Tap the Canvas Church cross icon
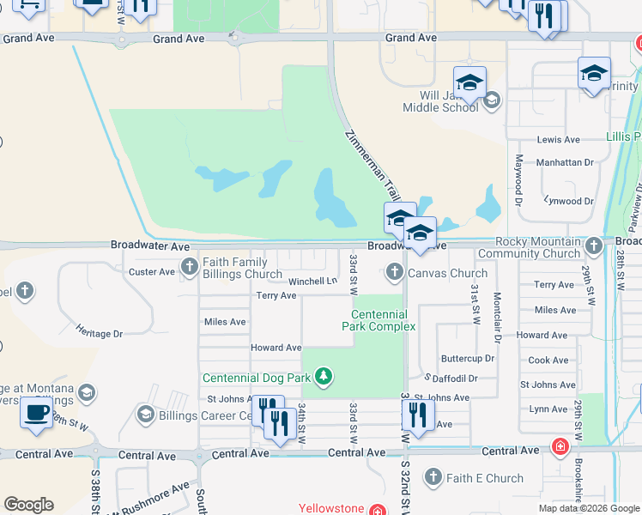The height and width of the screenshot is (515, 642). pyautogui.click(x=395, y=273)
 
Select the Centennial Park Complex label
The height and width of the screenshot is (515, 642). pyautogui.click(x=379, y=320)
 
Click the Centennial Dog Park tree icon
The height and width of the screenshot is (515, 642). pyautogui.click(x=323, y=376)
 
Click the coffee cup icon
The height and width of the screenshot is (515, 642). pyautogui.click(x=36, y=411)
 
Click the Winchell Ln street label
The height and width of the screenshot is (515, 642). pyautogui.click(x=312, y=282)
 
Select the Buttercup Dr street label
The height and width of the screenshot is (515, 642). pyautogui.click(x=468, y=358)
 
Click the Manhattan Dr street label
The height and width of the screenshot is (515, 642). pyautogui.click(x=565, y=162)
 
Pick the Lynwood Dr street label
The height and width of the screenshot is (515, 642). pyautogui.click(x=569, y=200)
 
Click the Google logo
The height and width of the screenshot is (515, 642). pyautogui.click(x=28, y=505)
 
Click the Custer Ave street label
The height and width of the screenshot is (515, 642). pyautogui.click(x=151, y=272)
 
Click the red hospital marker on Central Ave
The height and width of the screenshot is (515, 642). pyautogui.click(x=560, y=447)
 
